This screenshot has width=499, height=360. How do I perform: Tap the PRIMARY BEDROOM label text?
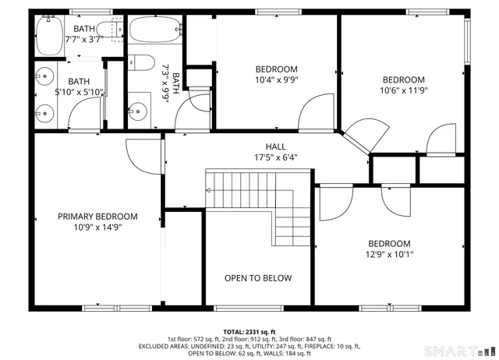pos(97,217)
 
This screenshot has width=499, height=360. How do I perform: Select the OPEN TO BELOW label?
pos(258,278)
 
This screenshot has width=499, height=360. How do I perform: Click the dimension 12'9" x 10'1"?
pos(389,254)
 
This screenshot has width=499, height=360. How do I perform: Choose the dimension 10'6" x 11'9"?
pos(403,90)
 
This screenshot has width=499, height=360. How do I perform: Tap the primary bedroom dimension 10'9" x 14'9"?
pos(97,228)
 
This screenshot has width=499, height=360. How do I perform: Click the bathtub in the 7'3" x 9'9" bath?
pos(154,32)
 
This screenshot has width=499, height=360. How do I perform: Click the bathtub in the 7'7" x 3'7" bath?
pos(50,35)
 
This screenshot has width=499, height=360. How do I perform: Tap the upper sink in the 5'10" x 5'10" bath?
pos(43,78)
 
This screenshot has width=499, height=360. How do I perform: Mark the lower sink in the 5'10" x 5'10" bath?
pos(43,111)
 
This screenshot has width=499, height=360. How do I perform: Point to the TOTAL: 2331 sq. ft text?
pos(249,331)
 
